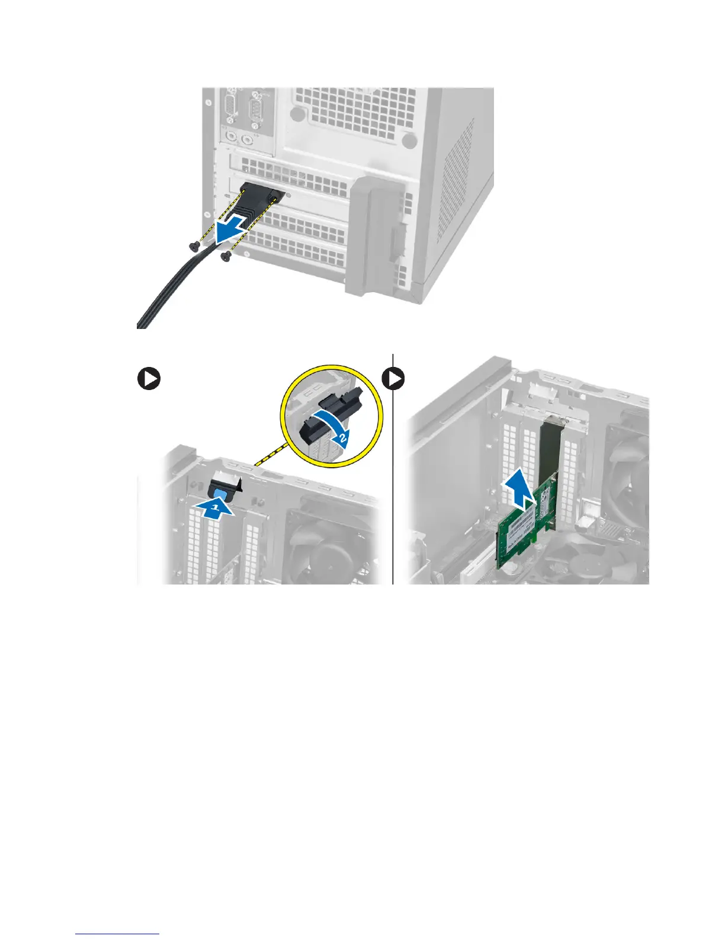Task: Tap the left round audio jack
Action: click(x=232, y=139)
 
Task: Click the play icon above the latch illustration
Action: click(x=149, y=379)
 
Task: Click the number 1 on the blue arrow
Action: click(x=216, y=508)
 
